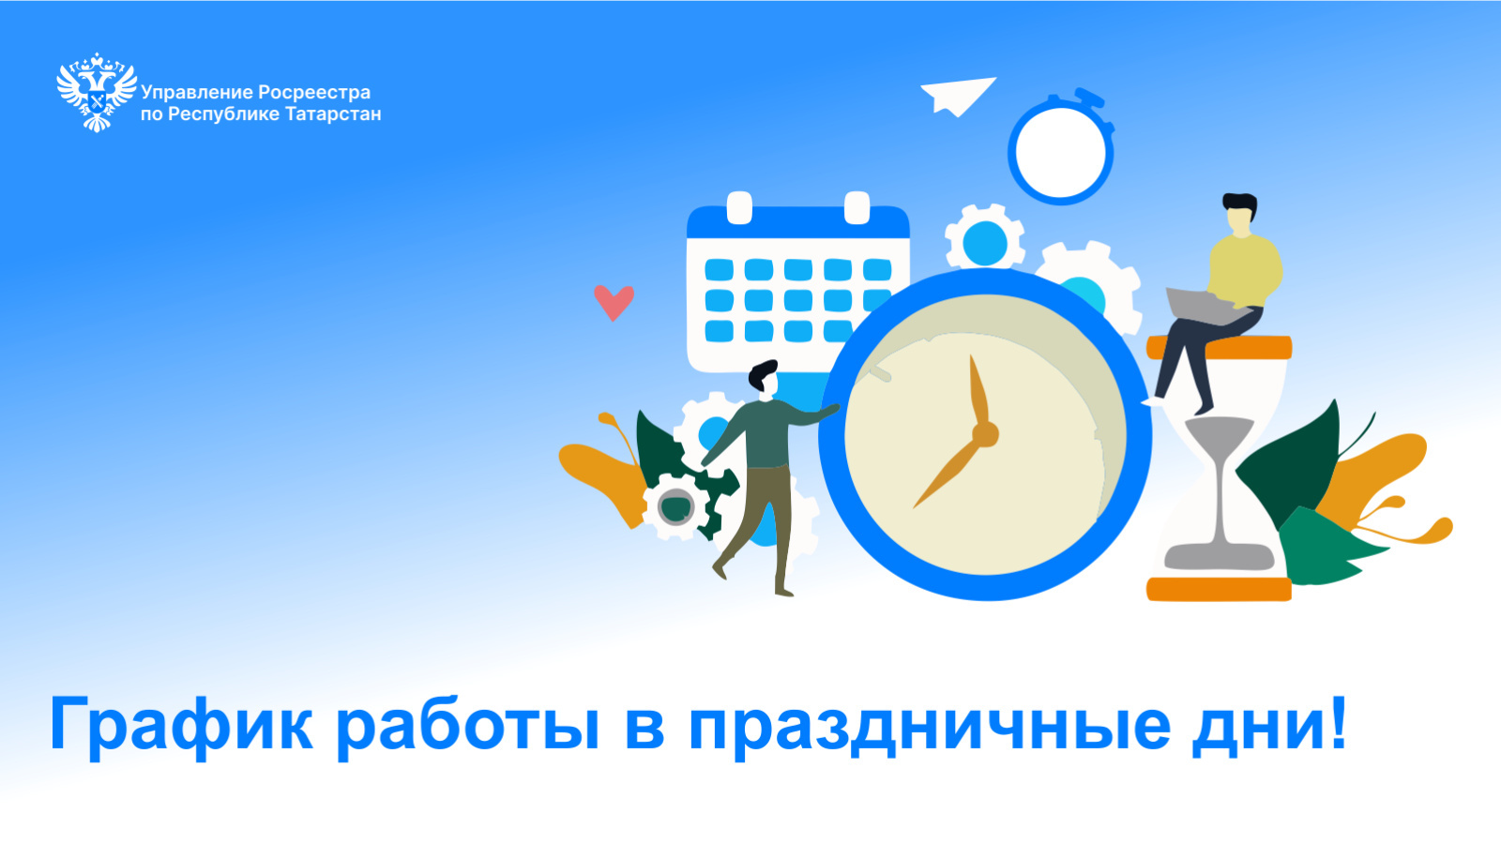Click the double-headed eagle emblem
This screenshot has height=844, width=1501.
click(x=97, y=93)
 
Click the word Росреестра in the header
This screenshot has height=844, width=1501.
click(x=314, y=93)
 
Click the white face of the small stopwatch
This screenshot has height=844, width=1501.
click(x=1061, y=153)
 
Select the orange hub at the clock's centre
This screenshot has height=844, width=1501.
click(x=985, y=434)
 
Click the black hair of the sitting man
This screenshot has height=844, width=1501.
click(x=1240, y=203)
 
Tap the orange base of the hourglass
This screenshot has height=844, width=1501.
click(x=1219, y=590)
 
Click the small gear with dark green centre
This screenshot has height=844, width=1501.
click(x=675, y=506)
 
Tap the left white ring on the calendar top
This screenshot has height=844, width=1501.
click(x=739, y=207)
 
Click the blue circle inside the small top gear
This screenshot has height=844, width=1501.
click(x=984, y=244)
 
